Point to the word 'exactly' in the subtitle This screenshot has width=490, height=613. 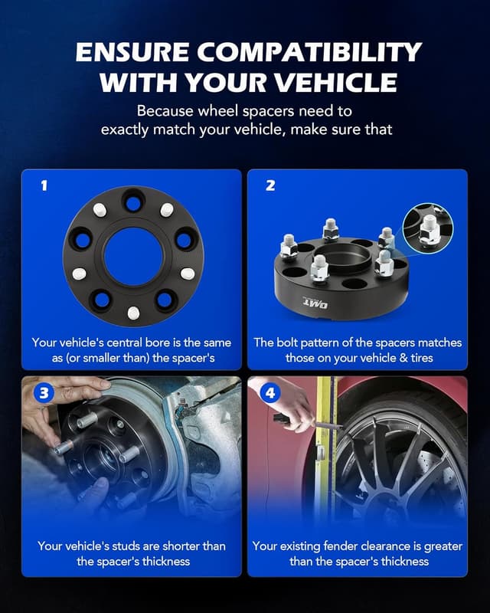tap(128, 129)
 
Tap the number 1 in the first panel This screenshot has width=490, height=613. tap(44, 185)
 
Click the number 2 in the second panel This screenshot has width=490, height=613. tap(269, 185)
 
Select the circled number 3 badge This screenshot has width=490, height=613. tap(44, 394)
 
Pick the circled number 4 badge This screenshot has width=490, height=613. tap(269, 394)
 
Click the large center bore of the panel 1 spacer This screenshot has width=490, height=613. tap(133, 256)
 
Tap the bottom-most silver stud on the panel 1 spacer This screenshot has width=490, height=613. tap(133, 313)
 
